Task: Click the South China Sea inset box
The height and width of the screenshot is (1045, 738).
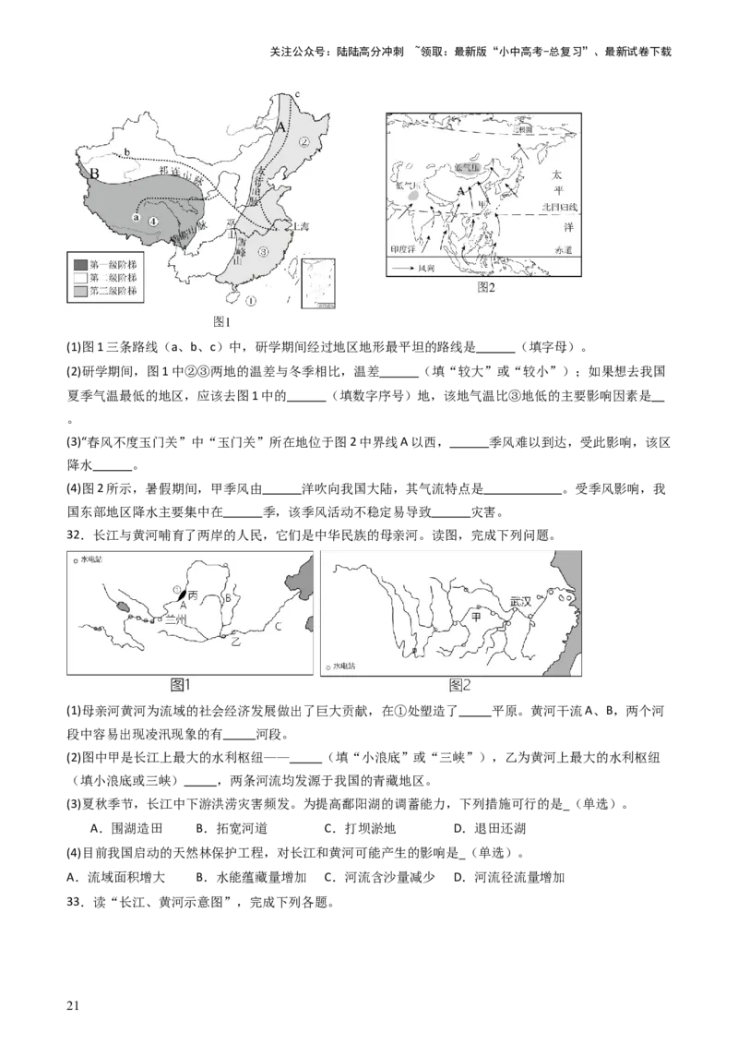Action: (x=317, y=286)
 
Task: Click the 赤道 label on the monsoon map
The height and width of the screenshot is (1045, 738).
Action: (x=564, y=249)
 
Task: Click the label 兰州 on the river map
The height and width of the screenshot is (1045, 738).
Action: (x=175, y=620)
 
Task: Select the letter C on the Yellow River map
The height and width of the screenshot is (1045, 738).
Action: (x=278, y=627)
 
